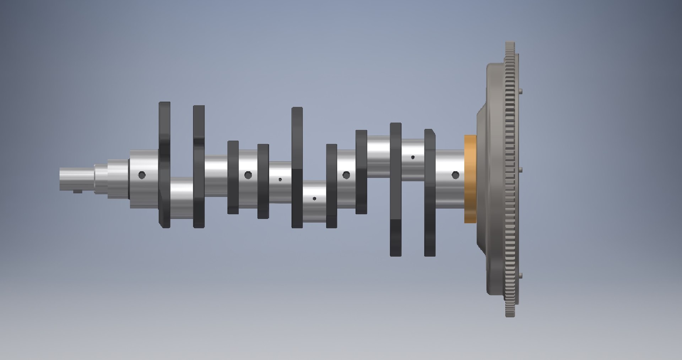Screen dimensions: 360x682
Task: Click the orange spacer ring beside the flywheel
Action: click(470, 179)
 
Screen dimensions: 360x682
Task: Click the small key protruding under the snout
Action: click(76, 191)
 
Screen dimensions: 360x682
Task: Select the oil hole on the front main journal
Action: click(142, 175)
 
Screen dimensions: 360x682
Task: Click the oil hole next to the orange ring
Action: click(455, 175)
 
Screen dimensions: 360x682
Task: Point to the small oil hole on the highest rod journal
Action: click(412, 157)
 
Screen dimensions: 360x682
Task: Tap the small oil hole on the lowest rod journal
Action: click(314, 198)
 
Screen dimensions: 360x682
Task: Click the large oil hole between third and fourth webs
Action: click(248, 175)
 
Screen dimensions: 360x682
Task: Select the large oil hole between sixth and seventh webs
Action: click(346, 175)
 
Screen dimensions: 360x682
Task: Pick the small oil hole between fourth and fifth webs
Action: click(280, 180)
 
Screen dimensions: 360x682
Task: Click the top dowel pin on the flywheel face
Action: click(520, 91)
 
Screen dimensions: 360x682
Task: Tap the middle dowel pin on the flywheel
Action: click(520, 169)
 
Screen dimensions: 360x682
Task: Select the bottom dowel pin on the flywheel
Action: click(520, 276)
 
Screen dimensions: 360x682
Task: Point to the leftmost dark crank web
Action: click(164, 165)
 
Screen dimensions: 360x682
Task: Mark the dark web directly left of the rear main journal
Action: click(430, 192)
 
